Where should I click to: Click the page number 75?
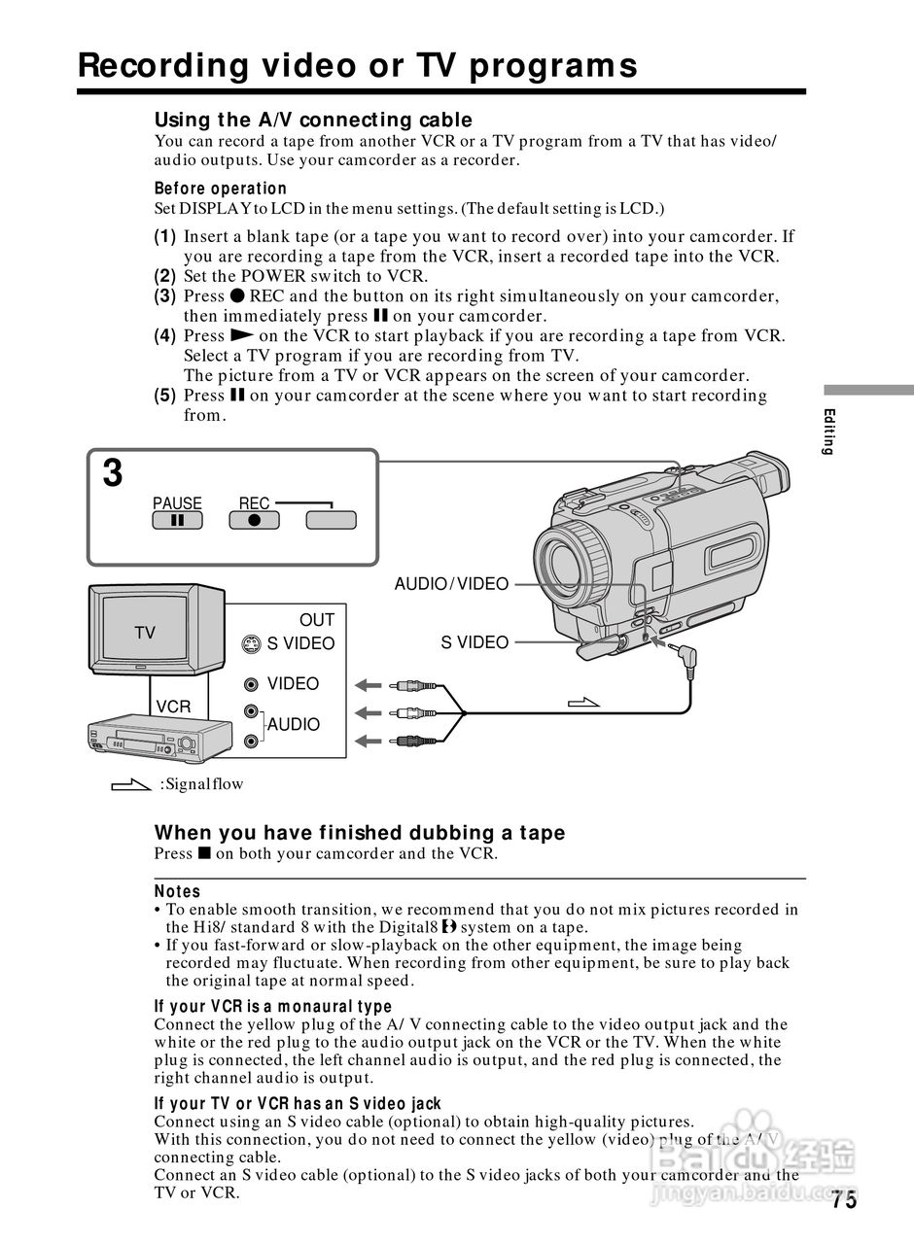[x=844, y=1200]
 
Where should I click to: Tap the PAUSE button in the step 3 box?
[x=177, y=520]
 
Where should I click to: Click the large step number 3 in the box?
[x=114, y=474]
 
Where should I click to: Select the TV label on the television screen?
[x=145, y=633]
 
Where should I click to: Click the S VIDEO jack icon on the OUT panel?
[x=252, y=643]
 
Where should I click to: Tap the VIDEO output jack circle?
[x=252, y=684]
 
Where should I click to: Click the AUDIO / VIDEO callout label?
[x=451, y=584]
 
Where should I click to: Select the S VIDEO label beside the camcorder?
[x=475, y=642]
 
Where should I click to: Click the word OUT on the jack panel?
[x=316, y=620]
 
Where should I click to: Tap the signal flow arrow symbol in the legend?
[x=131, y=784]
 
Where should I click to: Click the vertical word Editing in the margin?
[x=827, y=432]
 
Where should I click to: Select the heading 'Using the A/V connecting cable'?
[x=313, y=120]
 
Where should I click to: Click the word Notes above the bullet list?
[x=177, y=891]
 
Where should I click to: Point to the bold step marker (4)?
[x=165, y=336]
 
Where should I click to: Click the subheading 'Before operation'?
[x=221, y=189]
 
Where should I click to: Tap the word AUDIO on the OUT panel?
[x=294, y=725]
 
